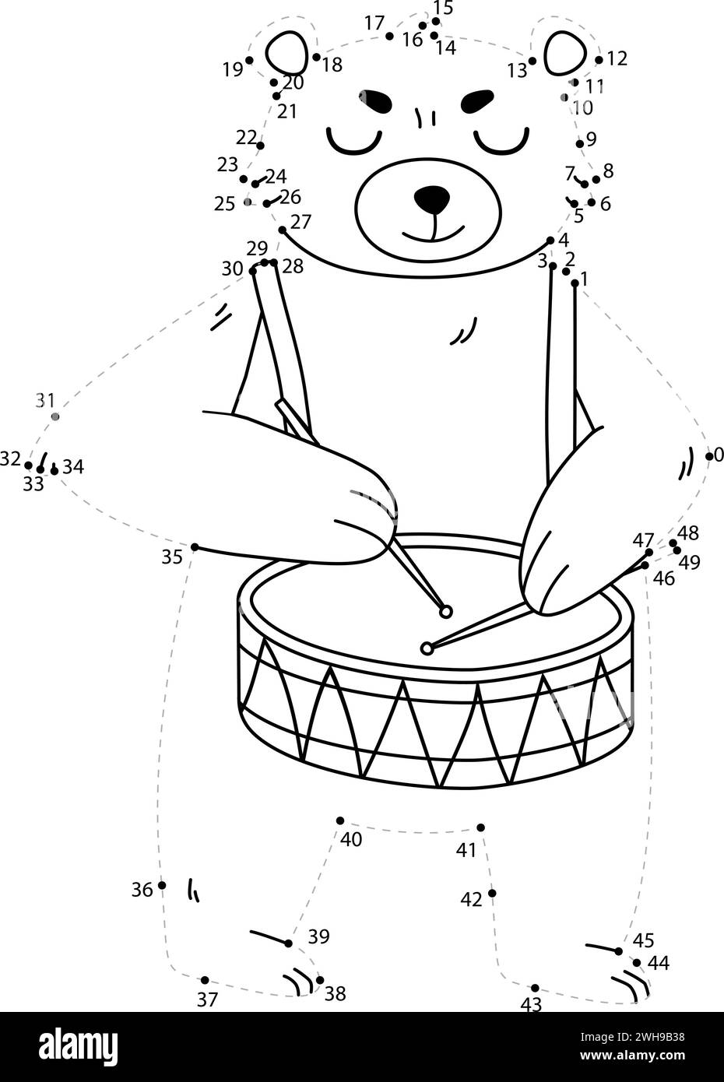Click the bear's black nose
click(431, 199)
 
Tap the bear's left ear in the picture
click(286, 53)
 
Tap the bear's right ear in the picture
click(565, 53)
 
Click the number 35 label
click(172, 557)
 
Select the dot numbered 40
click(340, 820)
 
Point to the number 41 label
click(466, 850)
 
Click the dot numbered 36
click(162, 885)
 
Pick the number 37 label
click(207, 999)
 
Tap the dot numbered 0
click(709, 456)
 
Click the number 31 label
click(45, 400)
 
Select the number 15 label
click(443, 8)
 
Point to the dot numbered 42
click(492, 893)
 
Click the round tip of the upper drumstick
click(446, 612)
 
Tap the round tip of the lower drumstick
click(427, 648)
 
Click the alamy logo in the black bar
click(79, 1045)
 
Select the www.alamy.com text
click(632, 1056)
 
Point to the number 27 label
click(301, 222)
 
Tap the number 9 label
click(592, 139)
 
